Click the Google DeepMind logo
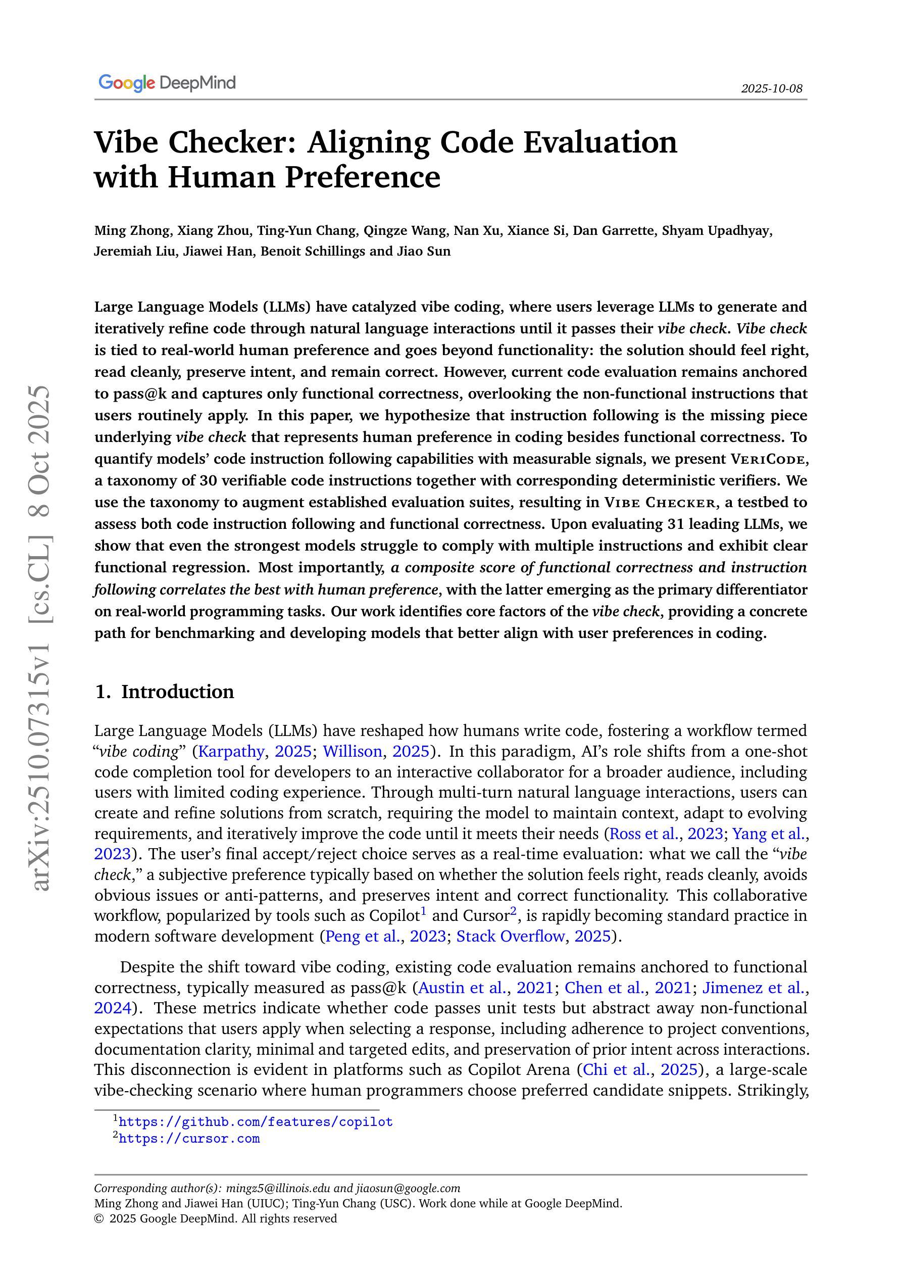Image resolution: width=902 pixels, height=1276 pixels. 167,83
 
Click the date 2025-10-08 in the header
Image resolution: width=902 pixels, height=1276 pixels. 771,88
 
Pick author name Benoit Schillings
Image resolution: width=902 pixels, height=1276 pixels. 313,251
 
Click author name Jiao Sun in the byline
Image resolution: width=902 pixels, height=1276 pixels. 424,251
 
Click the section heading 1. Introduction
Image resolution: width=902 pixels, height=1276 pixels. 165,692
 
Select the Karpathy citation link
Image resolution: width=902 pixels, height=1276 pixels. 231,751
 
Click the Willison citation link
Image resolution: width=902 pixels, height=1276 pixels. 353,751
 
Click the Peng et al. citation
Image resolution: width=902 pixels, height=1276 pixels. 362,937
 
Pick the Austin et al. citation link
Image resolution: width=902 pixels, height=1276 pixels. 463,988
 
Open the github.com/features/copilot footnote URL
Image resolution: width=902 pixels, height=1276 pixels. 256,1121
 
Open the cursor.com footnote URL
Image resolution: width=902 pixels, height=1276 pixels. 189,1138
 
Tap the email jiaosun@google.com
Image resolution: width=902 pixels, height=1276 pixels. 408,1188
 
